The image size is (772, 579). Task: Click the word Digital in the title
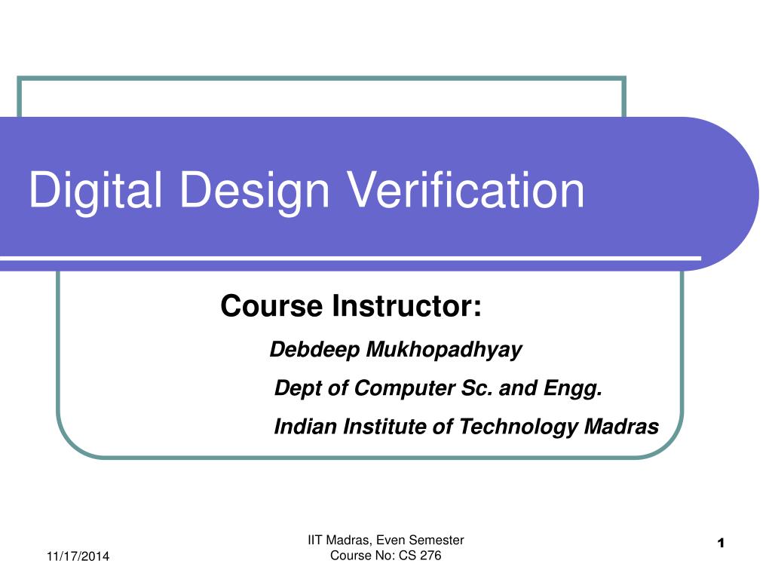click(x=96, y=191)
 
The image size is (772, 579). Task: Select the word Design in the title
click(x=255, y=191)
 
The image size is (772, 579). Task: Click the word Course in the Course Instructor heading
click(x=271, y=306)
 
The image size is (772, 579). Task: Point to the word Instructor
click(x=406, y=306)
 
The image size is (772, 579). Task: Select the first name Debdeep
click(x=314, y=350)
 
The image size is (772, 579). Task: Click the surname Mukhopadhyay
click(x=443, y=350)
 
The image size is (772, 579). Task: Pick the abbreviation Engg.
click(x=573, y=388)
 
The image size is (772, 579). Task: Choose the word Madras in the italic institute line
click(x=621, y=427)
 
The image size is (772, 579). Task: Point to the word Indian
click(x=305, y=427)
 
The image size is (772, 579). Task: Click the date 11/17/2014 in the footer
click(x=78, y=556)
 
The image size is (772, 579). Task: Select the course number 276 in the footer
click(x=430, y=556)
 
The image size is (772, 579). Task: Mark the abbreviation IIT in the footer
click(x=315, y=540)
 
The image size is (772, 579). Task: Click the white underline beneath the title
click(x=351, y=258)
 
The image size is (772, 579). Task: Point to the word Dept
click(x=299, y=388)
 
